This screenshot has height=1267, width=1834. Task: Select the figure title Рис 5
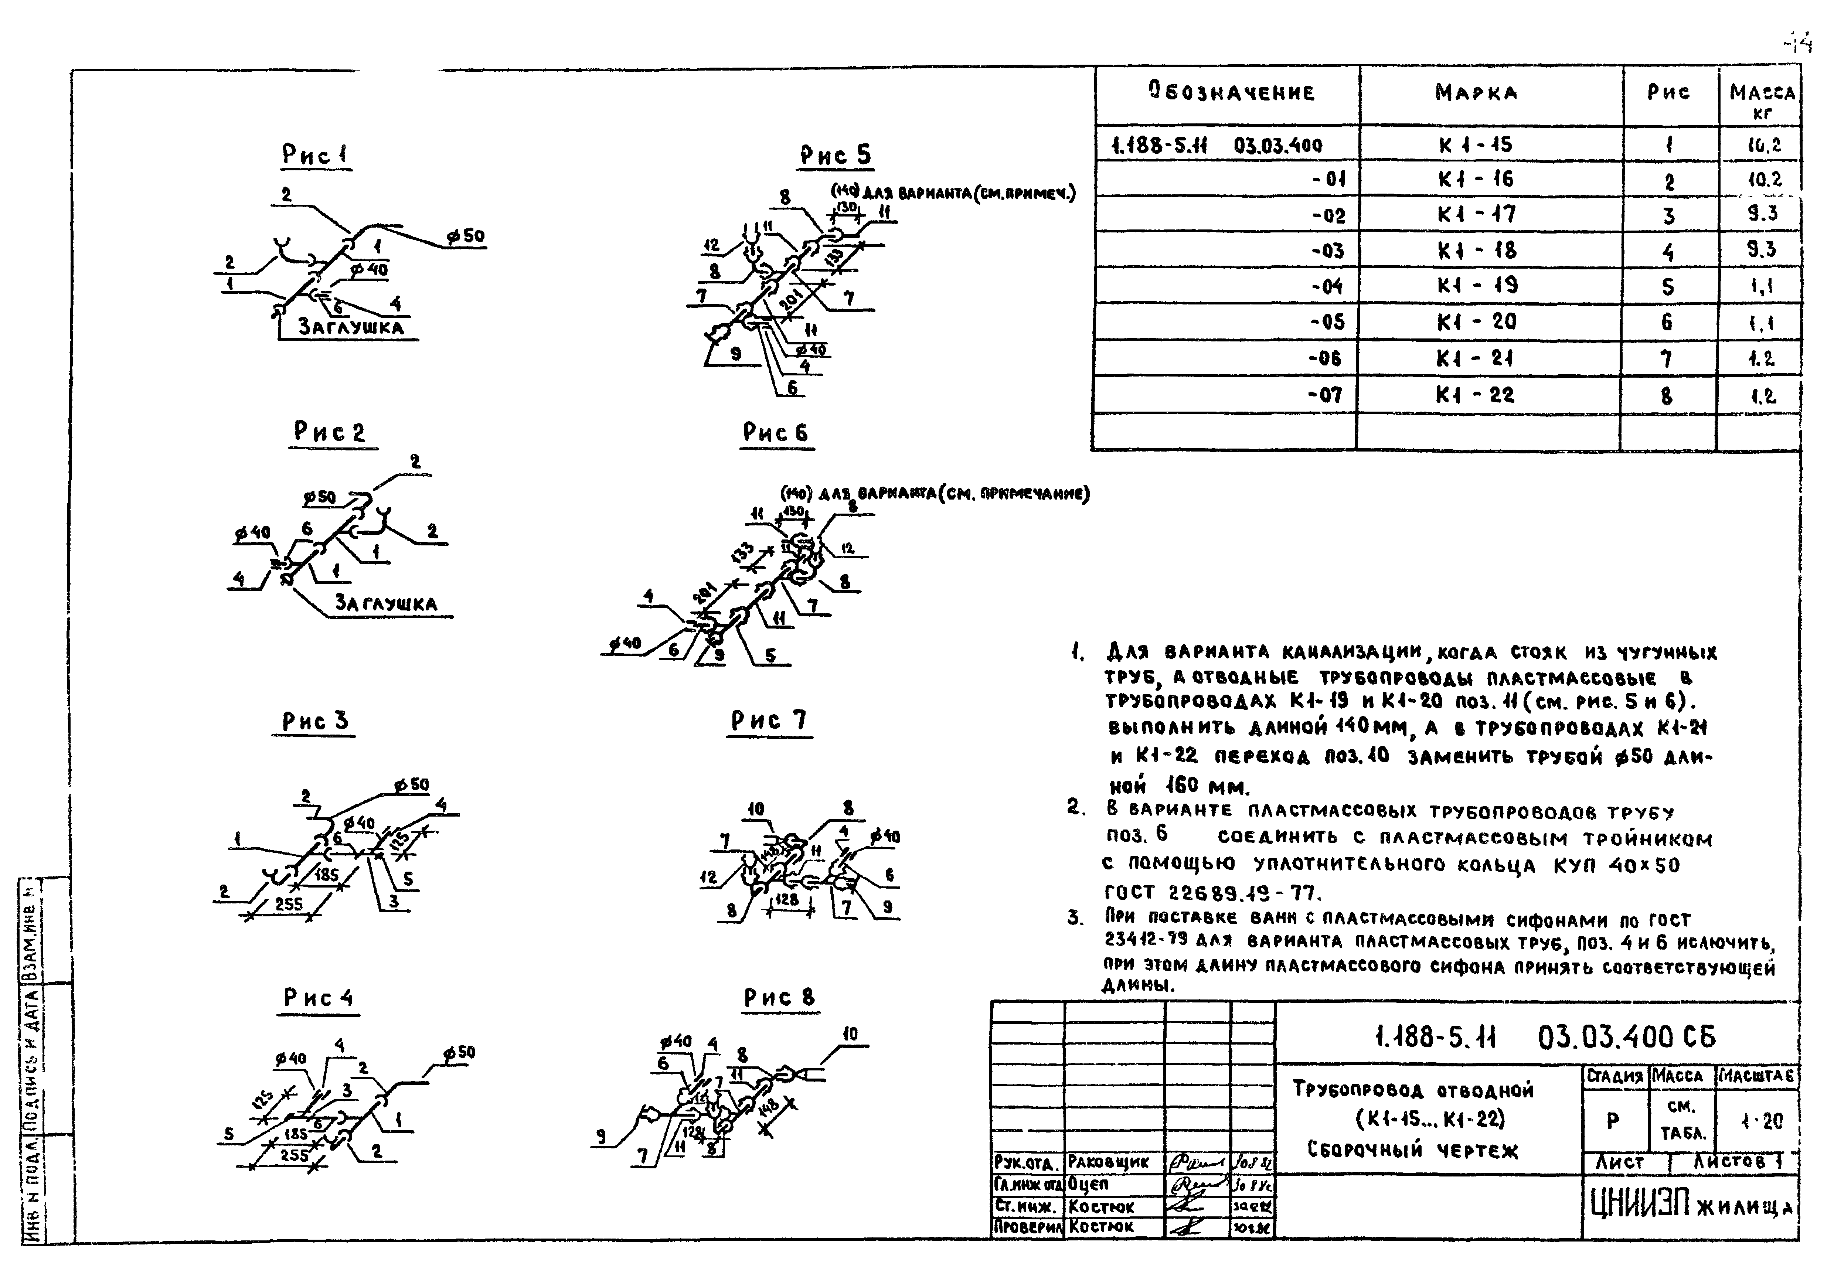click(x=835, y=154)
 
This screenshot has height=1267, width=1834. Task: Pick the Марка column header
click(x=1477, y=93)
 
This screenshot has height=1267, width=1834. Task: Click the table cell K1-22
click(x=1475, y=395)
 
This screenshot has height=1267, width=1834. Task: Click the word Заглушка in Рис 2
click(x=386, y=603)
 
